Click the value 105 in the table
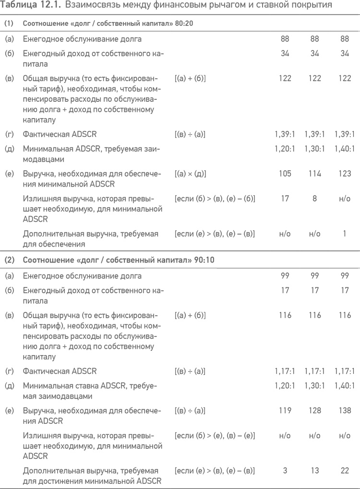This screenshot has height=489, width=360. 285,174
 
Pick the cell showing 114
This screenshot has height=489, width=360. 314,174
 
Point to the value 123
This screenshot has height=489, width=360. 344,174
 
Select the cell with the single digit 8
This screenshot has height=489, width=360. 314,198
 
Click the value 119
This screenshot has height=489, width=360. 285,411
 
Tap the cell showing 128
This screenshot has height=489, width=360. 314,411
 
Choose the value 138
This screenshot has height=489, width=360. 344,411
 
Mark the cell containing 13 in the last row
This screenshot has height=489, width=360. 314,471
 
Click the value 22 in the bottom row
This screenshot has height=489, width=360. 344,471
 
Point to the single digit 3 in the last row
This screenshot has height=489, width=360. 285,471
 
